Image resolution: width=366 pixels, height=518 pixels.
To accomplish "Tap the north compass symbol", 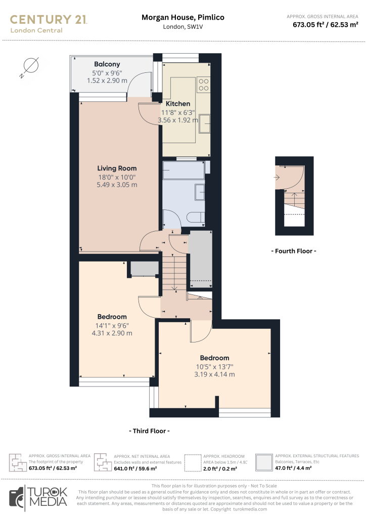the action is pyautogui.click(x=30, y=67).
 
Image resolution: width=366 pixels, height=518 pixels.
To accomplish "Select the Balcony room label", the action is pyautogui.click(x=107, y=64).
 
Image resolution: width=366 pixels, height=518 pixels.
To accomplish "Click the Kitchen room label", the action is pyautogui.click(x=178, y=104).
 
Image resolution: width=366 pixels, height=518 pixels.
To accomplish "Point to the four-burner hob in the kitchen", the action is pyautogui.click(x=204, y=84).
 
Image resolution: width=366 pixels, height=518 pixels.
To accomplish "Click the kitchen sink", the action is pyautogui.click(x=205, y=123).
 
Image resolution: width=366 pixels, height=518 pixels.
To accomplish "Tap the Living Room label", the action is pyautogui.click(x=117, y=168).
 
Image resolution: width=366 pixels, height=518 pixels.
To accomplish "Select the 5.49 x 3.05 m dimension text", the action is pyautogui.click(x=117, y=185).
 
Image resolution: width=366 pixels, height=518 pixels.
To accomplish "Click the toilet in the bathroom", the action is pyautogui.click(x=195, y=218).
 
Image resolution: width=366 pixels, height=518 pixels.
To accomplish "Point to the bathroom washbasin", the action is pyautogui.click(x=200, y=192).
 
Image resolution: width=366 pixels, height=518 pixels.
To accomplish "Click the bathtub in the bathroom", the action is pyautogui.click(x=184, y=170).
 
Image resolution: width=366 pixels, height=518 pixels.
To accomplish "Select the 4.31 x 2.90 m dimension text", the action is pyautogui.click(x=112, y=333).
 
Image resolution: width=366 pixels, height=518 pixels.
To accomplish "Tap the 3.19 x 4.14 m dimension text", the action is pyautogui.click(x=214, y=375).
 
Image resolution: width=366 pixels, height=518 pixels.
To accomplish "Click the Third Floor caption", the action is pyautogui.click(x=149, y=431).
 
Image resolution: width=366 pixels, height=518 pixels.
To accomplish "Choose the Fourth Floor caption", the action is pyautogui.click(x=294, y=251).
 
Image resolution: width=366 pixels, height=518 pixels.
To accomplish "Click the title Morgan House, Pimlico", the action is pyautogui.click(x=183, y=18).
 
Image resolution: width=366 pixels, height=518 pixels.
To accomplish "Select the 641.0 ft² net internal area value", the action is pyautogui.click(x=135, y=468).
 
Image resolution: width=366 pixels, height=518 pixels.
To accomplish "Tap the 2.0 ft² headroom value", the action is pyautogui.click(x=220, y=469).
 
